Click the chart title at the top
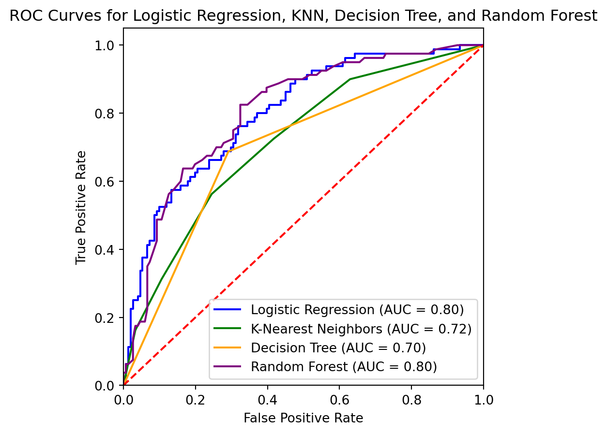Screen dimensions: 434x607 pos(303,16)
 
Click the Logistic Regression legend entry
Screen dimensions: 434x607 pos(357,309)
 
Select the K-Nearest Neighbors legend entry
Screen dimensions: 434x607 pos(361,329)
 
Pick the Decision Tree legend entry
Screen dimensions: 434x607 pos(338,347)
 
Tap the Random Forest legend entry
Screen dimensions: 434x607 pos(344,366)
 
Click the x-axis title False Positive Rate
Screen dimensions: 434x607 pos(303,418)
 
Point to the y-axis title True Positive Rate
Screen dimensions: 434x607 pos(82,207)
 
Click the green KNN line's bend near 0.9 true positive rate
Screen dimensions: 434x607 pos(350,79)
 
